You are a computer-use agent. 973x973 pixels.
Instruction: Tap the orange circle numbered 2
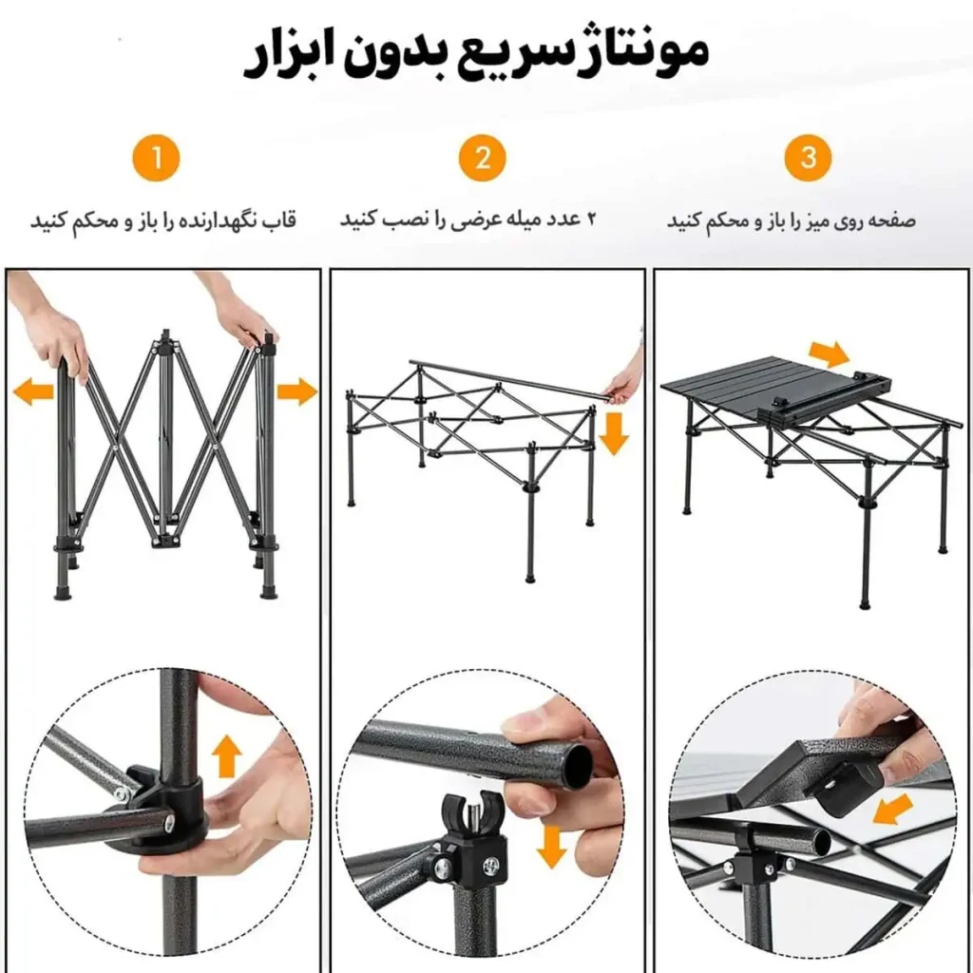coord(483,158)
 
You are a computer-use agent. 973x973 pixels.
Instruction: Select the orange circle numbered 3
coord(808,158)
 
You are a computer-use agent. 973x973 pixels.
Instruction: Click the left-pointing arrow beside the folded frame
coord(34,391)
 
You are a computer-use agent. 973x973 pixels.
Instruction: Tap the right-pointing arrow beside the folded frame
coord(296,391)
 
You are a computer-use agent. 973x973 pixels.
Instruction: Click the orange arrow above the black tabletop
coord(829,354)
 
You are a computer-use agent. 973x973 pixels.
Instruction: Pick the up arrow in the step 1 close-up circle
coord(226,757)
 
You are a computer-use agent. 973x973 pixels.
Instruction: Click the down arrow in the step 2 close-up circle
coord(551,845)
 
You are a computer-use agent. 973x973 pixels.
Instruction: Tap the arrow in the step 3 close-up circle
coord(891,811)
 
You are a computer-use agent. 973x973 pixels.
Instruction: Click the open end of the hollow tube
coord(577,765)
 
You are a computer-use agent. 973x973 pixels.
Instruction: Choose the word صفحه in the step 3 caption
coord(893,220)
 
